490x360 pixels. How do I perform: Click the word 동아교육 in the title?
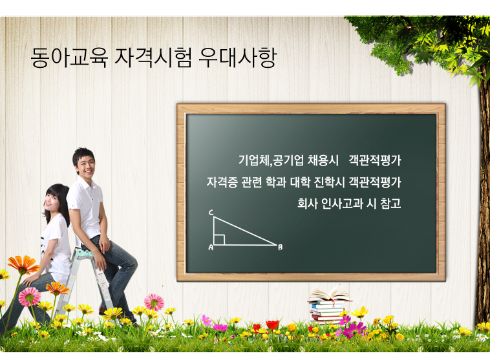click(x=69, y=58)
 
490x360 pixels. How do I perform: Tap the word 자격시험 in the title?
click(x=153, y=58)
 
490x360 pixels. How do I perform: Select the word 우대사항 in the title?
click(x=237, y=58)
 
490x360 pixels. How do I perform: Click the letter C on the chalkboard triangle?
click(x=211, y=213)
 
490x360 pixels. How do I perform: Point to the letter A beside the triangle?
click(x=211, y=248)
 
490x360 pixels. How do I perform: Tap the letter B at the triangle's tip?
click(x=281, y=247)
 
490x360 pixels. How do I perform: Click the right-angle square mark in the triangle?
click(x=219, y=240)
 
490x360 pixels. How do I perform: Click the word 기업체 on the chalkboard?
click(x=253, y=160)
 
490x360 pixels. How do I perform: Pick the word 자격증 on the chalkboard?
click(x=222, y=182)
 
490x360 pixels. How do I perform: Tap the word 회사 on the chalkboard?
click(x=307, y=204)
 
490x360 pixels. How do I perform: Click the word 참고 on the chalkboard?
click(x=390, y=204)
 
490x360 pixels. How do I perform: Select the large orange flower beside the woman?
click(x=23, y=264)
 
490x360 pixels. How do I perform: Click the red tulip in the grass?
click(x=272, y=325)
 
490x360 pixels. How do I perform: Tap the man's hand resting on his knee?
click(x=103, y=244)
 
